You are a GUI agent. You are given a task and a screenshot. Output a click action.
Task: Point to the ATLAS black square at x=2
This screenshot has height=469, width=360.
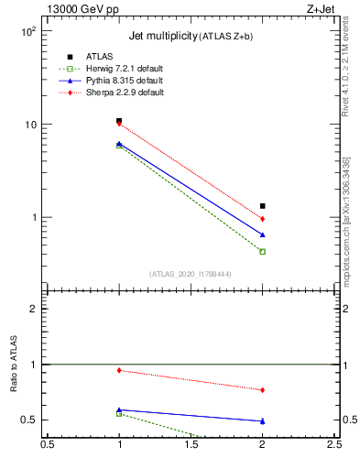pyautogui.click(x=263, y=206)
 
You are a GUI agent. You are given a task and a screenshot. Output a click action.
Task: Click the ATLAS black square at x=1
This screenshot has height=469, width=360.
pyautogui.click(x=119, y=121)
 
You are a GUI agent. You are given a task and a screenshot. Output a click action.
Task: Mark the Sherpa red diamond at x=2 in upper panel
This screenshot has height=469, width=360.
pyautogui.click(x=263, y=219)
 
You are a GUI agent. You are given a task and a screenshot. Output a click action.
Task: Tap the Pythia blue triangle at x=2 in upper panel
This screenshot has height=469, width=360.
pyautogui.click(x=263, y=234)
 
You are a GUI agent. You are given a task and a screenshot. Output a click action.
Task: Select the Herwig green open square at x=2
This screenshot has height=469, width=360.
pyautogui.click(x=263, y=251)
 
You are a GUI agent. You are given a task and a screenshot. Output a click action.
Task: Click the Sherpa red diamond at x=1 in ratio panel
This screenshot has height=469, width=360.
pyautogui.click(x=119, y=370)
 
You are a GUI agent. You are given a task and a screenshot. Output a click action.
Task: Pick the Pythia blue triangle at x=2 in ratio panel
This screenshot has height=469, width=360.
pyautogui.click(x=263, y=421)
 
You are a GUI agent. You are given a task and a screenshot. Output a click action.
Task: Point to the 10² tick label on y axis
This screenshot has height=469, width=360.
pyautogui.click(x=27, y=31)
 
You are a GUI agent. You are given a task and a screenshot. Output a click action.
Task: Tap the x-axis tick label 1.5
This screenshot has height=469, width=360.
pyautogui.click(x=191, y=445)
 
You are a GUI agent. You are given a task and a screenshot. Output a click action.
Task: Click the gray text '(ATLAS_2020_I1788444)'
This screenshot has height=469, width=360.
pyautogui.click(x=191, y=273)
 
